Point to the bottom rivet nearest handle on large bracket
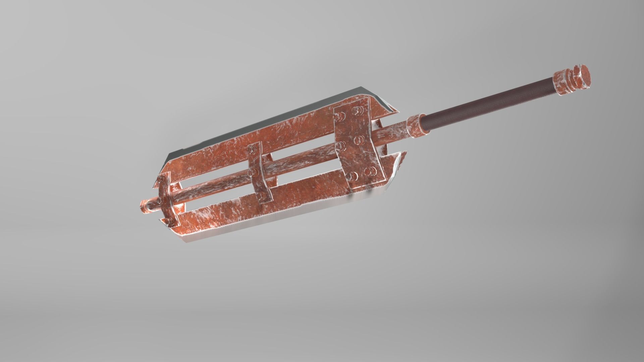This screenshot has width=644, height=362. pyautogui.click(x=370, y=172)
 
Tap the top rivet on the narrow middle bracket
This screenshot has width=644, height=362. pyautogui.click(x=251, y=149)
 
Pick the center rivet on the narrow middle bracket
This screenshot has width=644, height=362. pyautogui.click(x=251, y=172)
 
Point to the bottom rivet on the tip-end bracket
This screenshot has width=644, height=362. pyautogui.click(x=169, y=221)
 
